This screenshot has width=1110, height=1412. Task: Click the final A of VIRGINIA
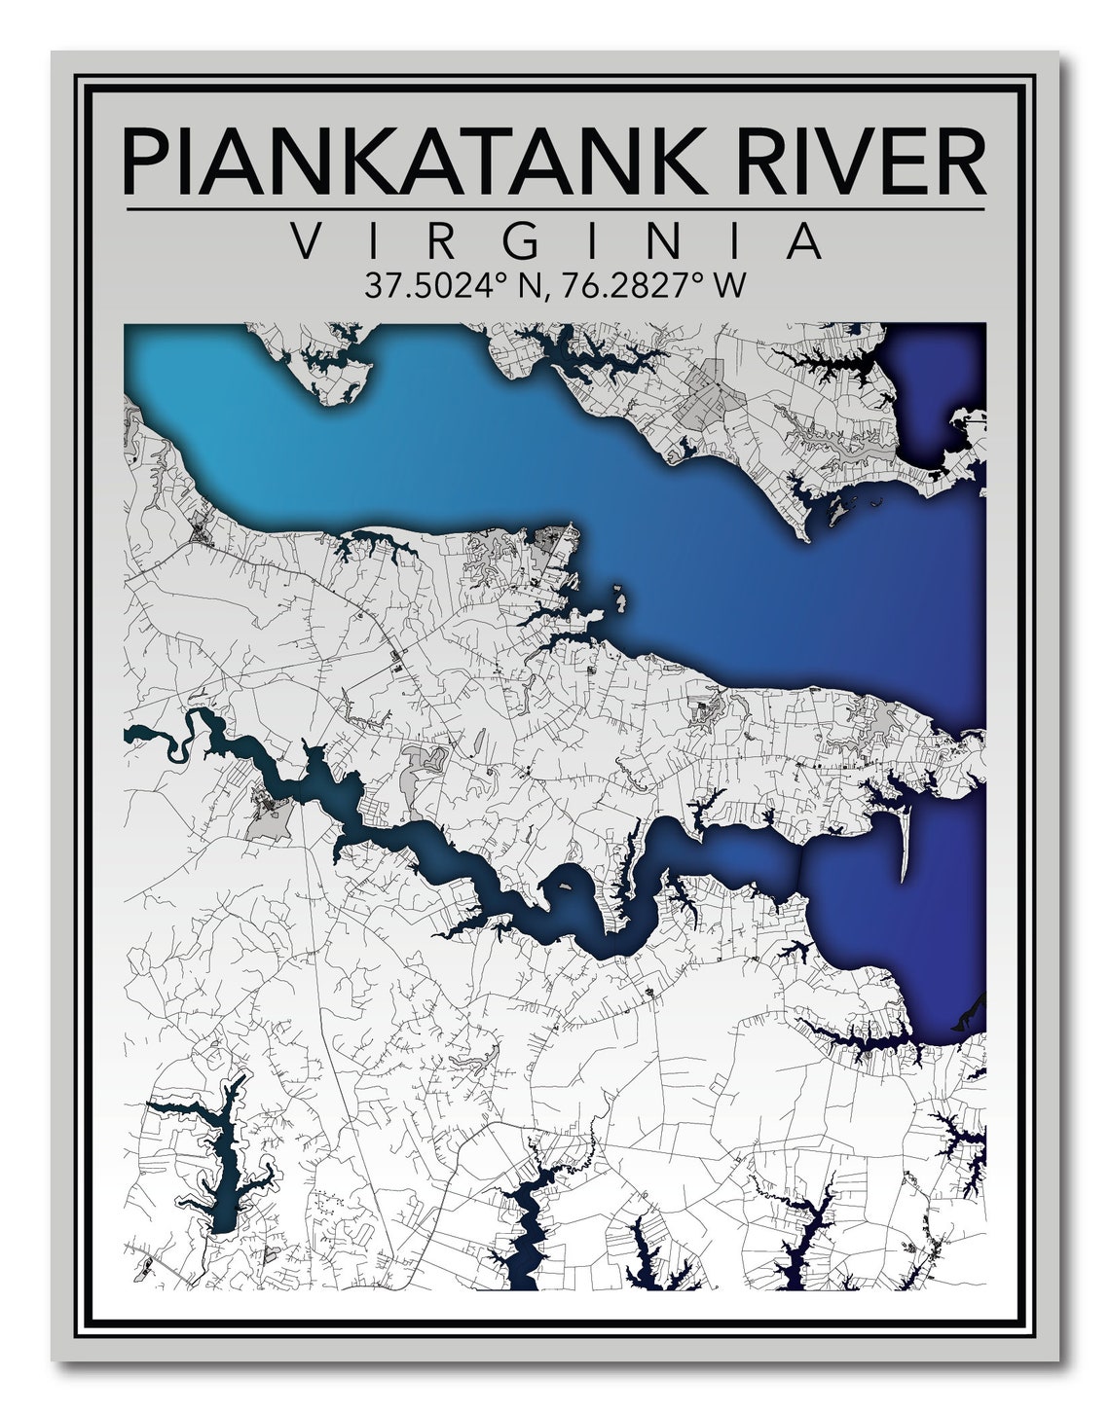[x=803, y=241]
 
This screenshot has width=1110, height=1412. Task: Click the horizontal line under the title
[x=555, y=209]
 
